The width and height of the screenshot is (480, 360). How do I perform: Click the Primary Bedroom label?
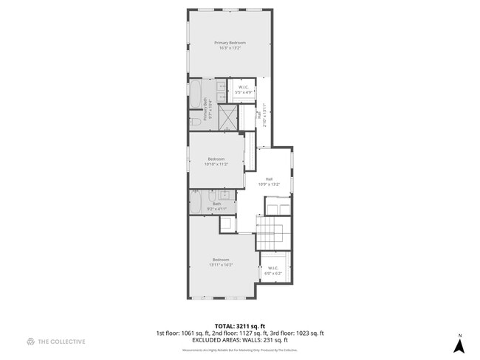230,43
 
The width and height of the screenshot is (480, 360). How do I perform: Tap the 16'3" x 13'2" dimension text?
230,48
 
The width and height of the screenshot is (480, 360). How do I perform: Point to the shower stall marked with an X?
229,117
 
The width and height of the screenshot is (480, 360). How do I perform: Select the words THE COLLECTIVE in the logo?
62,342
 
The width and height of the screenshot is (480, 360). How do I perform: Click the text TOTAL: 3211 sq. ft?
239,325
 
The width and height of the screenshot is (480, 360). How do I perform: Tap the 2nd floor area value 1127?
246,332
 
